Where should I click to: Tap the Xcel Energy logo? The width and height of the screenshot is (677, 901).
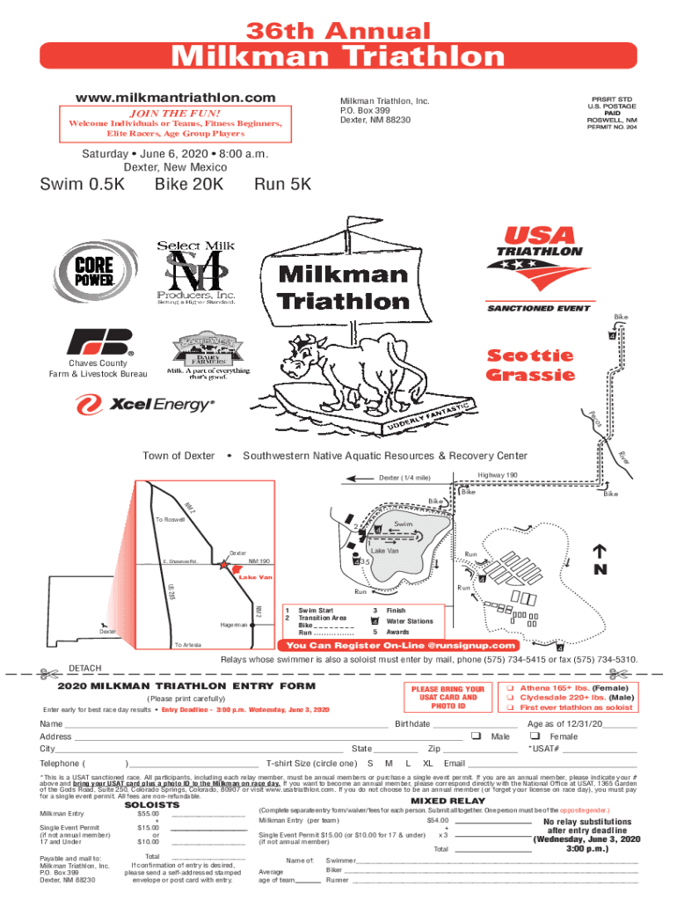click(144, 406)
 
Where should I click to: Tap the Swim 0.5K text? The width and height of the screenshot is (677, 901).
click(83, 186)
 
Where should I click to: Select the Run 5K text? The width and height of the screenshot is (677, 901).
click(282, 186)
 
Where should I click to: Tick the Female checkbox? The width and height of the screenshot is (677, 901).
click(535, 736)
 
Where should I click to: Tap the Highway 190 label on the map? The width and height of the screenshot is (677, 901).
click(497, 475)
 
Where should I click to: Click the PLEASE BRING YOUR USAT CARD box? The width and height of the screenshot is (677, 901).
click(447, 697)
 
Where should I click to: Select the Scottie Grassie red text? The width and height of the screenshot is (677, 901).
click(531, 366)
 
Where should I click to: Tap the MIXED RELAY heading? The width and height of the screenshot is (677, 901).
click(448, 801)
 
